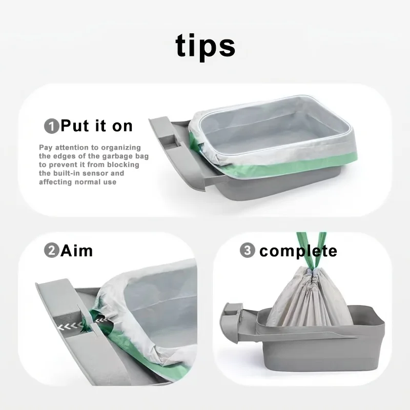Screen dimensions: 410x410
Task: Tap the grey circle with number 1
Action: click(x=52, y=126)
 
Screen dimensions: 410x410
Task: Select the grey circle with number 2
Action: click(x=52, y=250)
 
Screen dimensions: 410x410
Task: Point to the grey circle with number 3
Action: click(x=248, y=250)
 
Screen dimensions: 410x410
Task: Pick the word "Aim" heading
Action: click(x=76, y=251)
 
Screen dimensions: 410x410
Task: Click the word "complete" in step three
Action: click(x=298, y=251)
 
